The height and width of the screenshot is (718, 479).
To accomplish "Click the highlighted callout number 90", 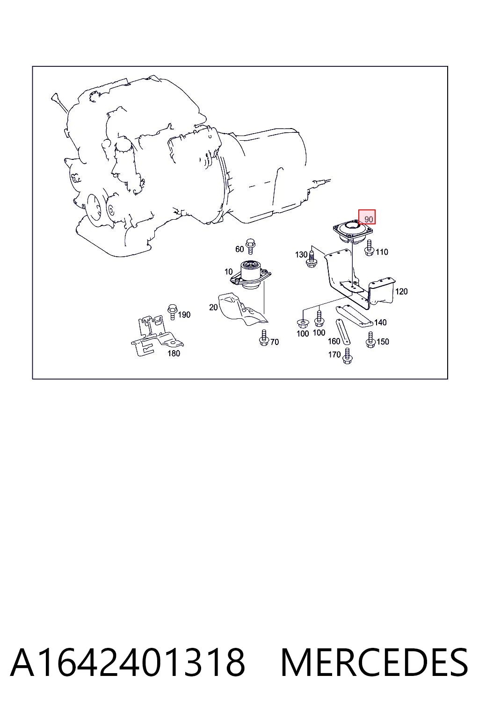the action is pos(369,219).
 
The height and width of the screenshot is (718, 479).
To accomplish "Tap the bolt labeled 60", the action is pos(250,246).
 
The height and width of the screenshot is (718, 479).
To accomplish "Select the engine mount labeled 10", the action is pos(251,274).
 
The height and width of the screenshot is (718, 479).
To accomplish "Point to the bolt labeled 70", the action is pos(264,338).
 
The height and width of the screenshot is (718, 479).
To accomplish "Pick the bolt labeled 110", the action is pos(369,248).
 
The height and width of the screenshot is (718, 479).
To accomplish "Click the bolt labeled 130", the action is pos(312,259).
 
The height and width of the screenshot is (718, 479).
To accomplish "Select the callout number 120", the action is pos(401,291).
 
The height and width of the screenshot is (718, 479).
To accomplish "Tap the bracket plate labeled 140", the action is pos(354,316).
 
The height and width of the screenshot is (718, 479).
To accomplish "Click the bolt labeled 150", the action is pos(370,340).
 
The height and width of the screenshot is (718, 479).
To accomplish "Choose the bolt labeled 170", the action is pos(347,356).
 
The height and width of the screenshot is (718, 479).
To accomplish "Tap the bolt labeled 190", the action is pos(172,312).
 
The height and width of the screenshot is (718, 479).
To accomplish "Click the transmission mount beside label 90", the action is pos(352,231).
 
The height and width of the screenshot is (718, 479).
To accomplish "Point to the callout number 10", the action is pos(228,272).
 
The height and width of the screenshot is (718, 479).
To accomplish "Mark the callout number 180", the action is pos(174,353).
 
